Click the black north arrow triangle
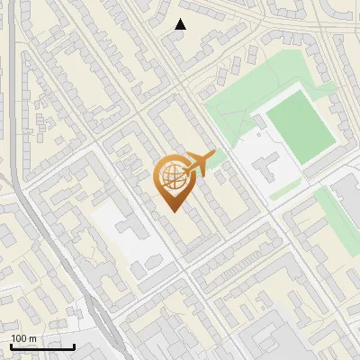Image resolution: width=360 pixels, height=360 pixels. (x=181, y=24)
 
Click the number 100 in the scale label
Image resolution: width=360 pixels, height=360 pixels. (x=19, y=338)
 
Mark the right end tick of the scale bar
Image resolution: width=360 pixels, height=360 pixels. (x=75, y=346)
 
